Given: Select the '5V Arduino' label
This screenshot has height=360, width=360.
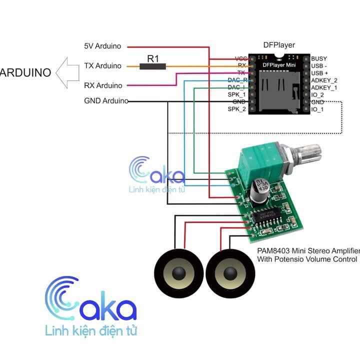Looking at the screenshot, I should [102, 46].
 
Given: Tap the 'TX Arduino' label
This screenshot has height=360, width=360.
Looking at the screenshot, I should [102, 65].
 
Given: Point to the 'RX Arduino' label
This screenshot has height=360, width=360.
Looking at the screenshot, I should [102, 85].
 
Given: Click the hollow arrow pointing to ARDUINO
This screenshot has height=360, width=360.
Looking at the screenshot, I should [68, 72].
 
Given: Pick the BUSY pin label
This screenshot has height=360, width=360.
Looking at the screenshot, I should [319, 58].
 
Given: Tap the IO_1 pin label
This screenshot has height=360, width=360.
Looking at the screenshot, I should [317, 109].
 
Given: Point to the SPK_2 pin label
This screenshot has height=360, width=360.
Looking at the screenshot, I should [237, 109].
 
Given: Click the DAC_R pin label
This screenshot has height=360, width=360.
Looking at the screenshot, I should [237, 80].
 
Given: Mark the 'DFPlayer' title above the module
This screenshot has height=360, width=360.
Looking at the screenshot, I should [279, 45].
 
